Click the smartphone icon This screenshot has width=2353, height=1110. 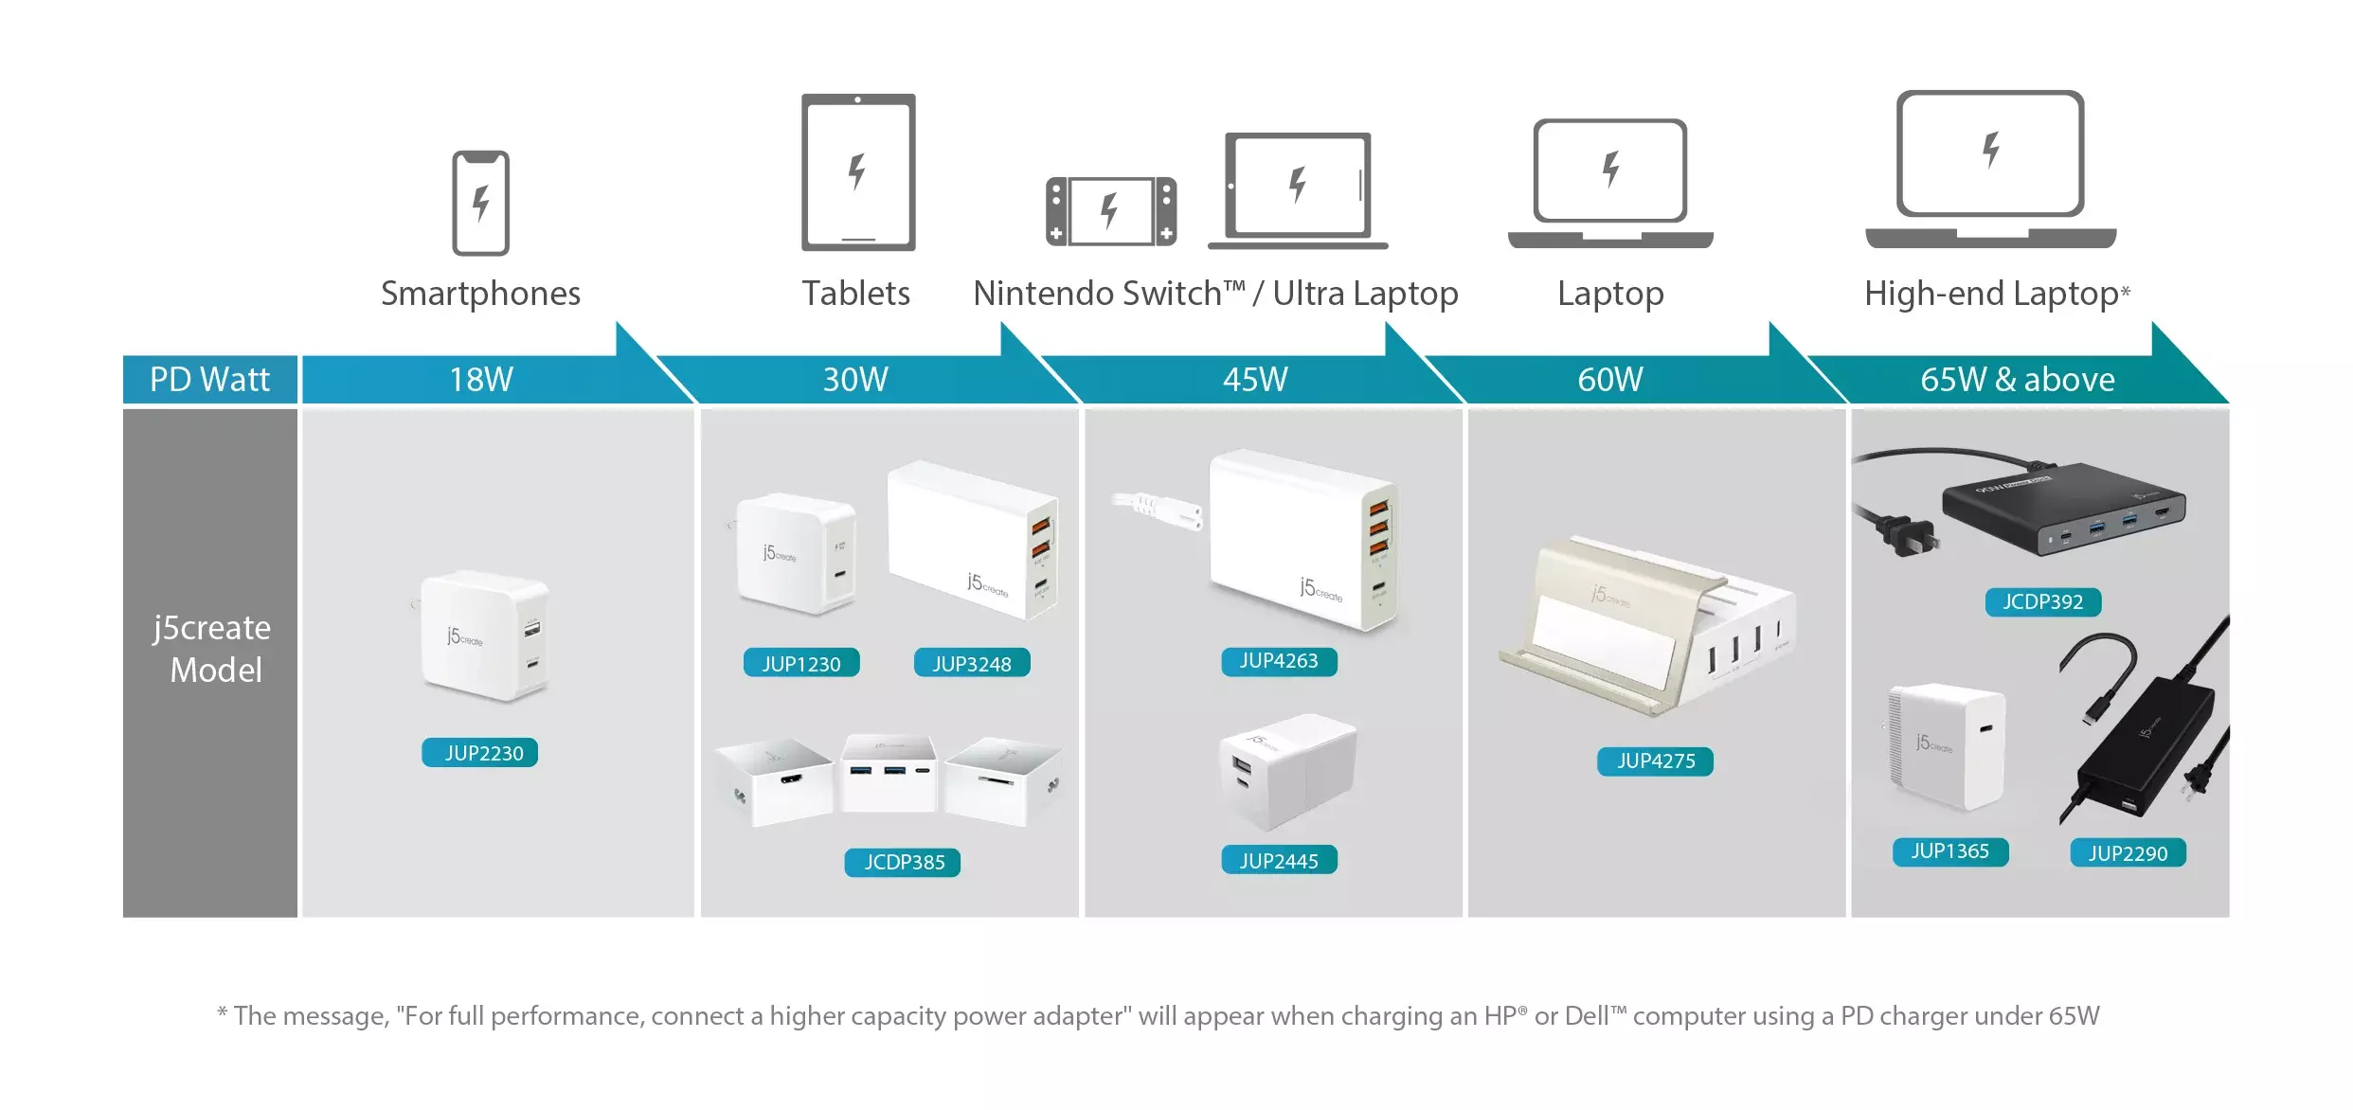[480, 203]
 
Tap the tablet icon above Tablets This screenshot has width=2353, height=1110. [858, 172]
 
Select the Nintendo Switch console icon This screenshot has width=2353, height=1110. [1111, 210]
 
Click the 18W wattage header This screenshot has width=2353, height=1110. [480, 380]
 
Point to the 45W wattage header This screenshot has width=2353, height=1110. [1254, 380]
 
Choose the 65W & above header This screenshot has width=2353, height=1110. [2017, 380]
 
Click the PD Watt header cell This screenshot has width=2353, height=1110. [209, 380]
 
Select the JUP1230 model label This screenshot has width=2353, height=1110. [801, 663]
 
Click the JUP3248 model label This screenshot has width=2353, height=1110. [972, 663]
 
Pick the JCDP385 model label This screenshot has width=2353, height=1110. [903, 862]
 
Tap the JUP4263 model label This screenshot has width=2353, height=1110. [1279, 661]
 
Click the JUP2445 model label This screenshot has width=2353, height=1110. [1279, 860]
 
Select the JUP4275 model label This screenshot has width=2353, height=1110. [1655, 761]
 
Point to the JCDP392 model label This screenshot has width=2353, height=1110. [2042, 601]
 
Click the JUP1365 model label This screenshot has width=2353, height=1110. [1949, 851]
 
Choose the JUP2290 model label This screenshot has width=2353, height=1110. [2128, 853]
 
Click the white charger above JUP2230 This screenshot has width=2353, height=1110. [484, 636]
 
